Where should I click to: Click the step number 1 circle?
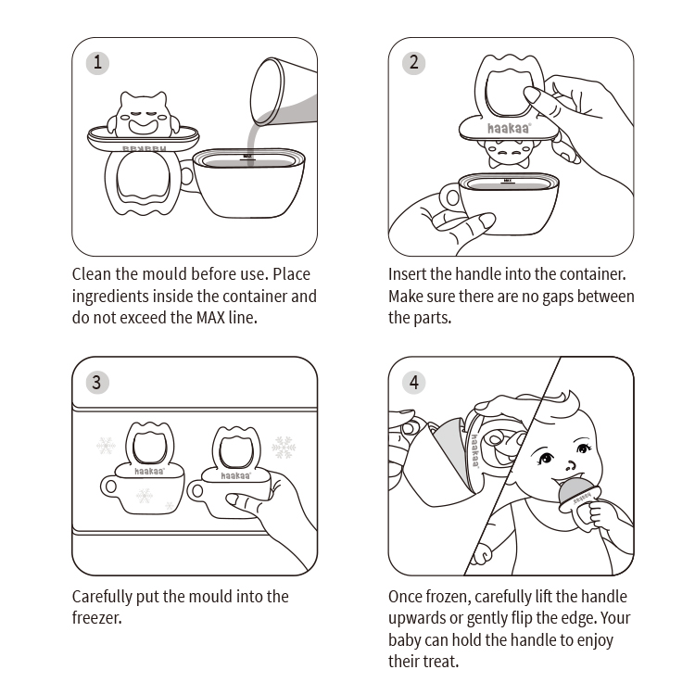click(x=97, y=62)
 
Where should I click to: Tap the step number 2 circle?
click(x=413, y=62)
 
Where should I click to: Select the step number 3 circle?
click(x=97, y=382)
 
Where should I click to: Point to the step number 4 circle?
click(x=413, y=382)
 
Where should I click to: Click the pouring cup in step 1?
click(x=284, y=92)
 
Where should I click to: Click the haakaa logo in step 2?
click(x=509, y=129)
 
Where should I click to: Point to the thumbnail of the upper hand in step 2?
click(x=532, y=94)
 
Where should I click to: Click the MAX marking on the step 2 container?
click(x=508, y=181)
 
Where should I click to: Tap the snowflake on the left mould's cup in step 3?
click(x=144, y=496)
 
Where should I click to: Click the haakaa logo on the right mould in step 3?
click(x=235, y=475)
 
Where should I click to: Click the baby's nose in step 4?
click(x=571, y=466)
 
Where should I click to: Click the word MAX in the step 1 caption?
click(x=210, y=318)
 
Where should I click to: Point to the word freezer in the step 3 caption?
click(x=96, y=618)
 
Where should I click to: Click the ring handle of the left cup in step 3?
click(x=109, y=486)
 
